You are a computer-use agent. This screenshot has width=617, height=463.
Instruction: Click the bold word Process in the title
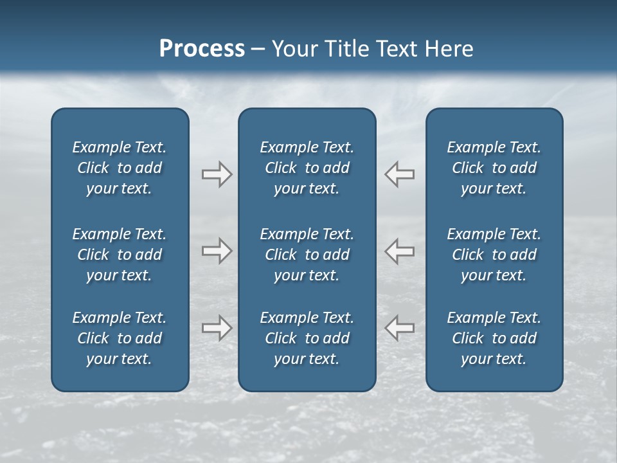pyautogui.click(x=202, y=49)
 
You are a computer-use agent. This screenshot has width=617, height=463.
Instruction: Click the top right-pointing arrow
pyautogui.click(x=217, y=174)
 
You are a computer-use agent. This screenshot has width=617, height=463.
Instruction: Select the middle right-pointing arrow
pyautogui.click(x=217, y=251)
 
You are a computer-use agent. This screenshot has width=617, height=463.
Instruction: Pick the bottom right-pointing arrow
pyautogui.click(x=217, y=328)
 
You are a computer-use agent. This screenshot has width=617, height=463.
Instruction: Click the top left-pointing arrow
pyautogui.click(x=400, y=174)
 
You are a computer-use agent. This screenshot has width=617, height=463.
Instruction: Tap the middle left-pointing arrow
pyautogui.click(x=400, y=251)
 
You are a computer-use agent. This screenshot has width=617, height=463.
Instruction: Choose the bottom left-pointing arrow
pyautogui.click(x=400, y=328)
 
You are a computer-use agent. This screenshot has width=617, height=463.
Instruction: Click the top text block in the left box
pyautogui.click(x=120, y=168)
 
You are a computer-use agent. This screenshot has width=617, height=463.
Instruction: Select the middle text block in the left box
pyautogui.click(x=120, y=255)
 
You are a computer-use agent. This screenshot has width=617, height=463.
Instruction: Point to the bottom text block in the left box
pyautogui.click(x=120, y=338)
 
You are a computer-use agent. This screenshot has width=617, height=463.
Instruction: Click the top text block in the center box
pyautogui.click(x=307, y=168)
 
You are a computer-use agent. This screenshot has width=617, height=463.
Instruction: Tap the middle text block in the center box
pyautogui.click(x=307, y=255)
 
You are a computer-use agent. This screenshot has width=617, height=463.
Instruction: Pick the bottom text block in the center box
pyautogui.click(x=307, y=338)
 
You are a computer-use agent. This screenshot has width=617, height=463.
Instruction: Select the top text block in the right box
pyautogui.click(x=494, y=168)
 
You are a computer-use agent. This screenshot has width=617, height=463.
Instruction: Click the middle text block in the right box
pyautogui.click(x=494, y=255)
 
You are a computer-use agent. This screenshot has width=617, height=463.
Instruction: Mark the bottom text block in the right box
pyautogui.click(x=494, y=338)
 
